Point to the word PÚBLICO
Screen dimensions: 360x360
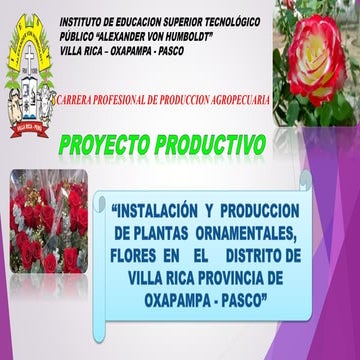pos(80,36)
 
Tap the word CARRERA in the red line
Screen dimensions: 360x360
pos(82,101)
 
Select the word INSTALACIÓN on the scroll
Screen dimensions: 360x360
pos(163,209)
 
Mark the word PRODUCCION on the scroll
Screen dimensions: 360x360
pos(257,209)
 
